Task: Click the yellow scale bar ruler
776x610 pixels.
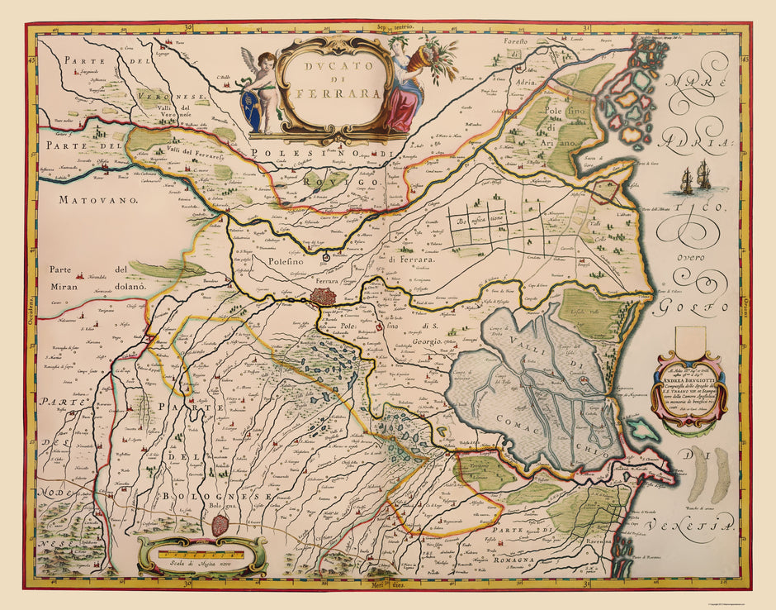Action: click(x=199, y=548)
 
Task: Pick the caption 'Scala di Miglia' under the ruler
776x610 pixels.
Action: click(x=198, y=564)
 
